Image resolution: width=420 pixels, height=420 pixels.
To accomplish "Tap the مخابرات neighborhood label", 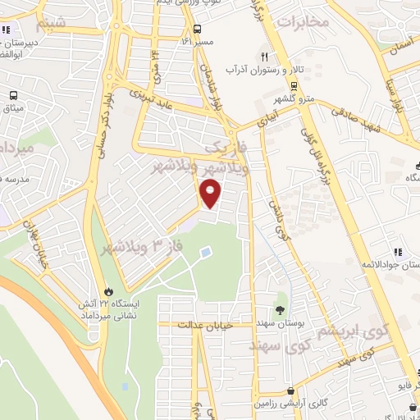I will coord(303,21).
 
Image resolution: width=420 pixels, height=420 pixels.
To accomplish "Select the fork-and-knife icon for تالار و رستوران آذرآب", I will coord(264,57).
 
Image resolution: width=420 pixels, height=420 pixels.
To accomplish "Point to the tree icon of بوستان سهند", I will coord(282,310).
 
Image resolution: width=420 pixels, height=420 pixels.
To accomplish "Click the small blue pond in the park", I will coord(205,251).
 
